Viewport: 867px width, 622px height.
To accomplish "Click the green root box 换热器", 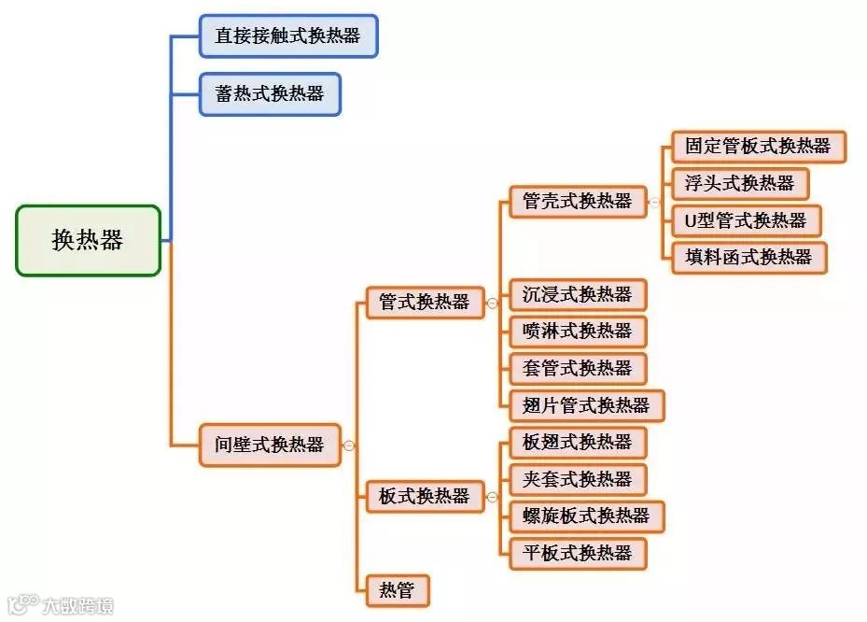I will click(x=88, y=240).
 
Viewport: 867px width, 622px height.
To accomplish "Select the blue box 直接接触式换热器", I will click(x=287, y=36).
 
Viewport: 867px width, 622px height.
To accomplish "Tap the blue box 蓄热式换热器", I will click(x=270, y=93).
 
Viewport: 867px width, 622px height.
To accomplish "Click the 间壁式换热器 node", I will click(x=270, y=445).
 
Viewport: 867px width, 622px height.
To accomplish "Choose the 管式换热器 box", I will click(x=424, y=302).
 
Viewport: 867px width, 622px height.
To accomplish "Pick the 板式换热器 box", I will click(x=424, y=496).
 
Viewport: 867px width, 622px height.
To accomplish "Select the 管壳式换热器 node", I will click(x=578, y=201).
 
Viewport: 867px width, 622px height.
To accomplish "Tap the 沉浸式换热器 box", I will click(x=578, y=294).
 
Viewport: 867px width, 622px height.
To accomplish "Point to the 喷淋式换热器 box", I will click(x=578, y=331).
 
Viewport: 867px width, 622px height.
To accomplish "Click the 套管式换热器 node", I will click(x=578, y=368).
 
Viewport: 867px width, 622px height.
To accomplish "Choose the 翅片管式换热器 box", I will click(x=586, y=404).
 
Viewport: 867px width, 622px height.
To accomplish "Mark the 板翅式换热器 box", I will click(x=578, y=442).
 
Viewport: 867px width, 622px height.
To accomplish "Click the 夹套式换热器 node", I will click(x=578, y=479).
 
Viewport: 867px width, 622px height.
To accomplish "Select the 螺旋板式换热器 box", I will click(x=586, y=516).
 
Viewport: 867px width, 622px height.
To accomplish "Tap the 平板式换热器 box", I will click(x=578, y=553).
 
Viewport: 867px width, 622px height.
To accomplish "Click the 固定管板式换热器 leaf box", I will click(x=758, y=147).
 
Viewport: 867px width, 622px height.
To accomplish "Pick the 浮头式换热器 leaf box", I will click(x=739, y=183).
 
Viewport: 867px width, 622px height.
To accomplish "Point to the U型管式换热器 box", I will click(x=746, y=220).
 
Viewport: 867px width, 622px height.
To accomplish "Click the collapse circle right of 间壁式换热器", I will click(x=349, y=445).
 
